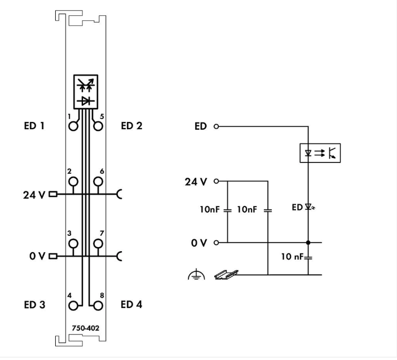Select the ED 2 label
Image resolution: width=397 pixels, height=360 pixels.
click(x=131, y=126)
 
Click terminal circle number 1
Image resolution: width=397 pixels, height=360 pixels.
click(x=73, y=125)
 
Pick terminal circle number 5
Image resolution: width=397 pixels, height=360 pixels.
click(x=98, y=125)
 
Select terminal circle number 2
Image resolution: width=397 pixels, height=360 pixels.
click(x=73, y=182)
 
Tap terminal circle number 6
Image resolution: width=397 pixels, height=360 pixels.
click(x=98, y=182)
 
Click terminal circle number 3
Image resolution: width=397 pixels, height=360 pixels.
click(x=73, y=244)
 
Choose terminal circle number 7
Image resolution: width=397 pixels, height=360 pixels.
click(x=98, y=244)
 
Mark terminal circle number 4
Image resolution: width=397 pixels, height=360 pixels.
click(x=73, y=306)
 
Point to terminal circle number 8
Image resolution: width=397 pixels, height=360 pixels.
click(x=98, y=306)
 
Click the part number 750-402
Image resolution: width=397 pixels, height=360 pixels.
click(x=85, y=327)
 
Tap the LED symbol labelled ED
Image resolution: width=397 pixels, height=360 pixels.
click(x=308, y=208)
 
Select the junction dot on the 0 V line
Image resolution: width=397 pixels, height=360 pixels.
click(x=308, y=243)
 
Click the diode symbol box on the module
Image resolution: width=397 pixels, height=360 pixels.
click(x=85, y=91)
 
